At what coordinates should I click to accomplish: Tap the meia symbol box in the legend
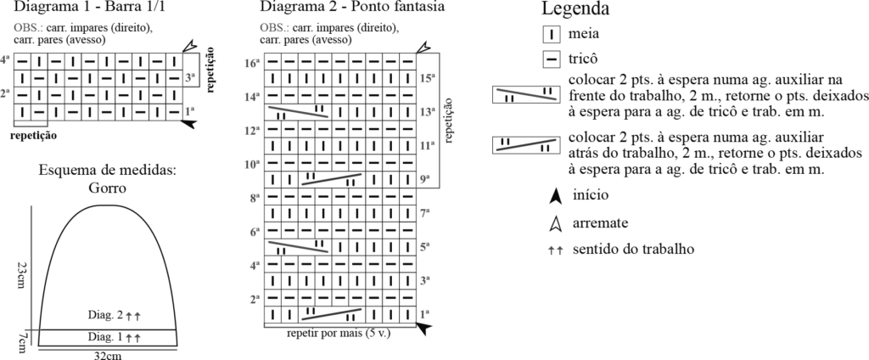(x=552, y=36)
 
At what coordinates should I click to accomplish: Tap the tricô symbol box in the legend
(x=552, y=59)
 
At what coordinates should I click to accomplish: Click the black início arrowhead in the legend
(x=555, y=196)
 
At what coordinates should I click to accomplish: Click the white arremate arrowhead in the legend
(x=555, y=223)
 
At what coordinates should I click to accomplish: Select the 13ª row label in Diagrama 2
(x=427, y=111)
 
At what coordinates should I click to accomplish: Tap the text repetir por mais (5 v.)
(x=339, y=332)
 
